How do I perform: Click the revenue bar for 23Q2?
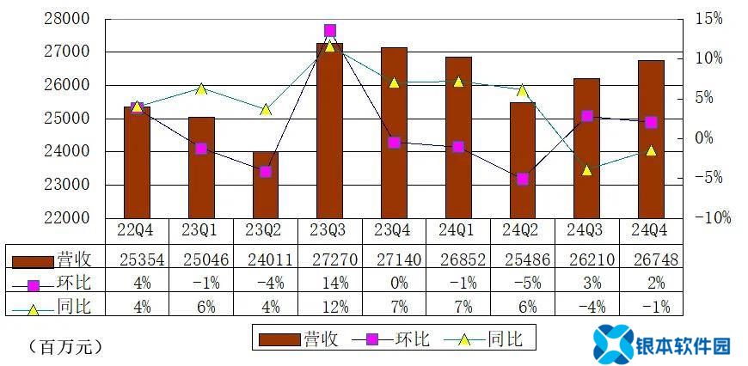pos(265,185)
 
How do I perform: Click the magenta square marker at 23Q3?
pos(329,31)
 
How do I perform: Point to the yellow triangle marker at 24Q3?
pos(587,170)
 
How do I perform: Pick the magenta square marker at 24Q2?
pos(523,179)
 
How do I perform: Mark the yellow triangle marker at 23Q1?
pos(201,88)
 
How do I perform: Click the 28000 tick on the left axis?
pos(71,19)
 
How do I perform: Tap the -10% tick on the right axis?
pos(712,218)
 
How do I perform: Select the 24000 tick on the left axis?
pos(71,152)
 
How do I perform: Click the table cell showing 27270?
pos(329,258)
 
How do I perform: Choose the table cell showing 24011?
pos(265,258)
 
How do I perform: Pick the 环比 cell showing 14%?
pos(329,282)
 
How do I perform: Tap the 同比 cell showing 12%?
pos(329,306)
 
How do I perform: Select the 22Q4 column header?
pos(137,231)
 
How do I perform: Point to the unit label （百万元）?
pos(65,347)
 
